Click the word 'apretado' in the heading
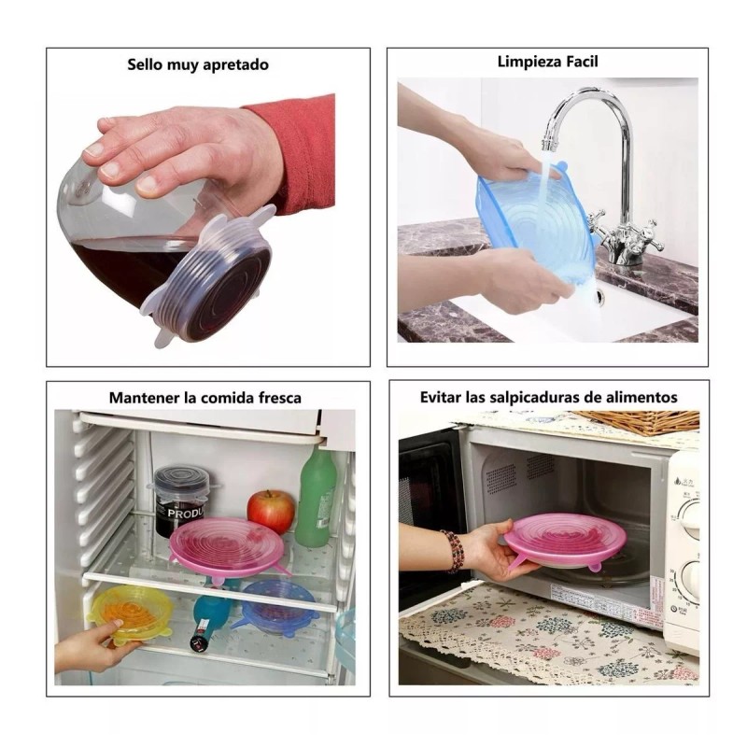[236, 65]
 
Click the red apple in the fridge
[271, 511]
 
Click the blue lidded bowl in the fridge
[277, 605]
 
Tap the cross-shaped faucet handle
[643, 234]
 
